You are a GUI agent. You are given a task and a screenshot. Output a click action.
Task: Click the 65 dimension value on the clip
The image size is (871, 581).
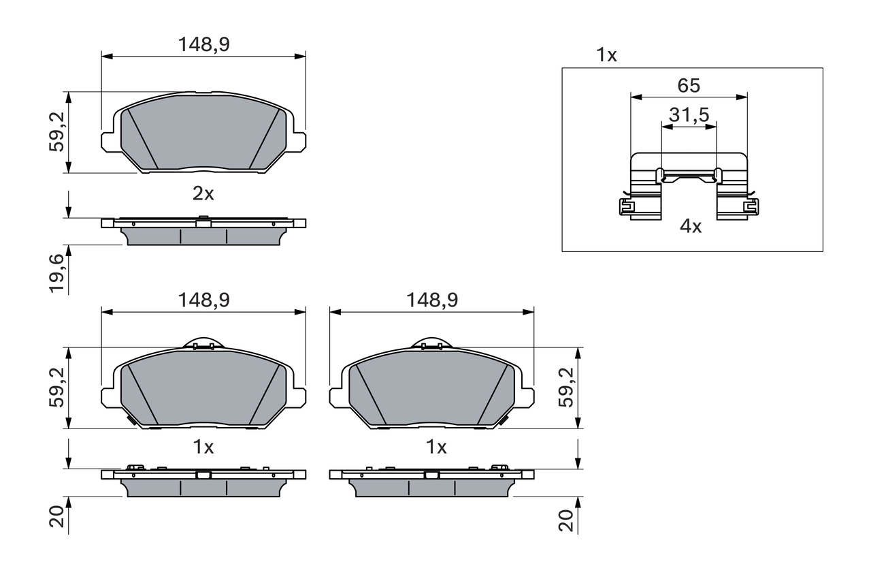(688, 86)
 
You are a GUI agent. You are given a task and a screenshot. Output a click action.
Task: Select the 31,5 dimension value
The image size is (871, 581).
(689, 115)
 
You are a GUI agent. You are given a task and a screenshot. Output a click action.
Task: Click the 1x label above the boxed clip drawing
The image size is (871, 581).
(606, 55)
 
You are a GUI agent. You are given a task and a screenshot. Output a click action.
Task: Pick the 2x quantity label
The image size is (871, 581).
(203, 194)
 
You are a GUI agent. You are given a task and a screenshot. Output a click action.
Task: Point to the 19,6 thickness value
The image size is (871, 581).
(57, 272)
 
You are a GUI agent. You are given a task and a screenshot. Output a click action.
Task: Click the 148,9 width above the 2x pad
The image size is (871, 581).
(203, 45)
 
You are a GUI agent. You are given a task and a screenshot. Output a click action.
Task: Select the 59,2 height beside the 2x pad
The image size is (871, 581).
(57, 131)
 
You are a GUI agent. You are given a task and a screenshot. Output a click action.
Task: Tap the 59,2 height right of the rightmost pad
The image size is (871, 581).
(566, 387)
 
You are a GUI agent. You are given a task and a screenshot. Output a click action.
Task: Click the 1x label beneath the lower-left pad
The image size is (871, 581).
(203, 447)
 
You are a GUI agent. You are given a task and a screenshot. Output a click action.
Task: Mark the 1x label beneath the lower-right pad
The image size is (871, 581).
(435, 447)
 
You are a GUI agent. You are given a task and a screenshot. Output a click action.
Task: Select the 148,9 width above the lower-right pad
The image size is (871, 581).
(431, 300)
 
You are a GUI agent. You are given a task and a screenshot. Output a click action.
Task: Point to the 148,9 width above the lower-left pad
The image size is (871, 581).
(203, 300)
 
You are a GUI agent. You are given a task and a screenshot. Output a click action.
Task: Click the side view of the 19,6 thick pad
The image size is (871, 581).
(203, 232)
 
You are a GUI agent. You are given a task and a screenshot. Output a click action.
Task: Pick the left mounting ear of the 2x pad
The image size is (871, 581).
(109, 141)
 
